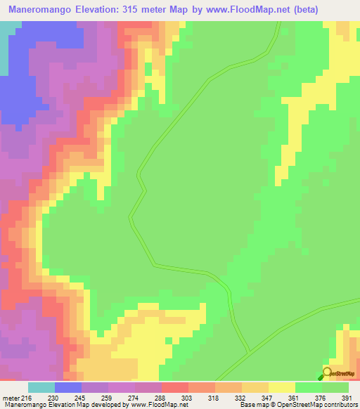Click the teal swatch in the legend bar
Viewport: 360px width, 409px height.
tap(41, 387)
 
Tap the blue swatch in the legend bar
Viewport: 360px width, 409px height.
tap(68, 387)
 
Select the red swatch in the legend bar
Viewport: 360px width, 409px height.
tap(174, 387)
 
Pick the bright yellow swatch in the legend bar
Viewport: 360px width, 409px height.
tap(281, 387)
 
